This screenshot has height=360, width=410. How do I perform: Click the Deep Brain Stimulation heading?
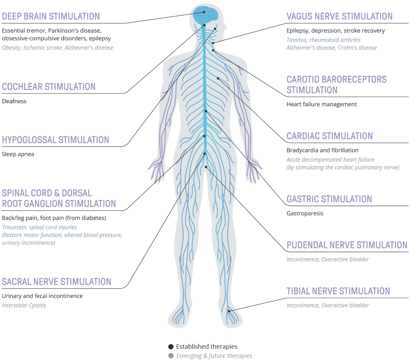(x=51, y=16)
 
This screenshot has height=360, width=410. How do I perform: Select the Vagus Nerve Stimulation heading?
(x=339, y=16)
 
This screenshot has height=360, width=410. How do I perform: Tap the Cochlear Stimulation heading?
(x=49, y=87)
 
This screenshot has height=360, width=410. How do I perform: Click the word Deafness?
(x=14, y=101)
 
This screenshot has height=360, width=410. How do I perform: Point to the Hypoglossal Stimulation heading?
(x=55, y=140)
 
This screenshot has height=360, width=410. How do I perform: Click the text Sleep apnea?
(x=18, y=154)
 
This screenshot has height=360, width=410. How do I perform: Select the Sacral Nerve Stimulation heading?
(x=56, y=282)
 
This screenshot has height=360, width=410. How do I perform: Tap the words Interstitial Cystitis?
(x=24, y=305)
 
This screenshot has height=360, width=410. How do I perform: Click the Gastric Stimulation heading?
(x=329, y=199)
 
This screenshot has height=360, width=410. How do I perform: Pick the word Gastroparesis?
(x=305, y=213)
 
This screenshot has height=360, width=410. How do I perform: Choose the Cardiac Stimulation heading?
(x=329, y=136)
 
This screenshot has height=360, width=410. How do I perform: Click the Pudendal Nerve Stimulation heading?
(x=347, y=245)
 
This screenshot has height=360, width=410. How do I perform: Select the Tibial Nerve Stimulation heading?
(x=338, y=291)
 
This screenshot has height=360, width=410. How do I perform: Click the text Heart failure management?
(x=322, y=104)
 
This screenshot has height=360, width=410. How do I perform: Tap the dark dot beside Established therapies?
(x=171, y=347)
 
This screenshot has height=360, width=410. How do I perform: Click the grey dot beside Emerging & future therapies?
(x=171, y=356)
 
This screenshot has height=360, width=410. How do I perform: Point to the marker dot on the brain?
(x=204, y=12)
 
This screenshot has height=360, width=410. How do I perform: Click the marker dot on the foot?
(x=229, y=311)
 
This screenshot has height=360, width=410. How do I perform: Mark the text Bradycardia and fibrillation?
(x=322, y=150)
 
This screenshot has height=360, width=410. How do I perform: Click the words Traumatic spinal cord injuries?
(x=39, y=227)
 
